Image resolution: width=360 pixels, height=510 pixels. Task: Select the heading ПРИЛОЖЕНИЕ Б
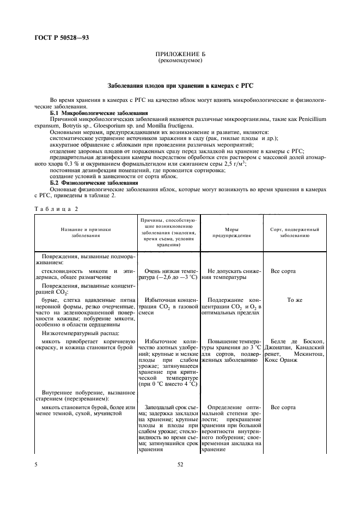pos(180,54)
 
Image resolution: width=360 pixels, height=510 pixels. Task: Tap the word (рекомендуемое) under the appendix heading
pos(180,60)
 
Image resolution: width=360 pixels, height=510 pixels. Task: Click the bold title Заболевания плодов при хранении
pos(180,86)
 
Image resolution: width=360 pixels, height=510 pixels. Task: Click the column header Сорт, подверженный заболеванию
pos(295,233)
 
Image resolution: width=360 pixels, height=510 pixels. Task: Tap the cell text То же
pos(295,300)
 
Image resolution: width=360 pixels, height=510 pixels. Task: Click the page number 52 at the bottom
pos(180,464)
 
